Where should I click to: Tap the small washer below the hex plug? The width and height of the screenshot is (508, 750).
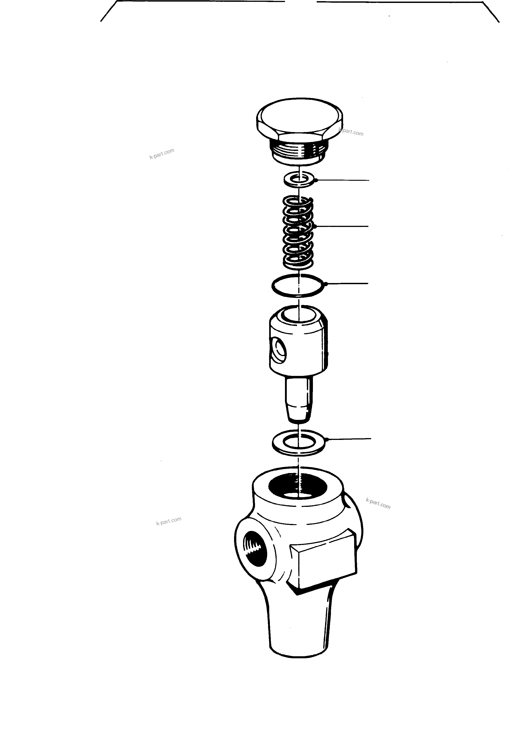(x=299, y=179)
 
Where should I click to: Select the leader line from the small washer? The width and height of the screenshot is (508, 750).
(x=344, y=180)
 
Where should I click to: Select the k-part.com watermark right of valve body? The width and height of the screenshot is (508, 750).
(x=378, y=503)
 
